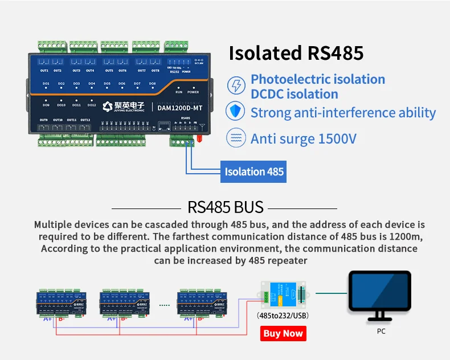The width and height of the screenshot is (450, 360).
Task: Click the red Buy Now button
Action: (283, 333)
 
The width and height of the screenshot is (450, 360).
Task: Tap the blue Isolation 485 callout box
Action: (254, 171)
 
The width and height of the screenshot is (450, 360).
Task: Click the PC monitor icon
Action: (380, 295)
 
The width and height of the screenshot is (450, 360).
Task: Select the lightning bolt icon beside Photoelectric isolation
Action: (235, 86)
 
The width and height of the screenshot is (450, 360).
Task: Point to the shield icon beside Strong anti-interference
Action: (235, 112)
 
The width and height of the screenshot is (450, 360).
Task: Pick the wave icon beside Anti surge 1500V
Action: (235, 138)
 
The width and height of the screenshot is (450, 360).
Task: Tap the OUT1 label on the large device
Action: (43, 71)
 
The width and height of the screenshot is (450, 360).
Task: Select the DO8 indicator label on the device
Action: (153, 84)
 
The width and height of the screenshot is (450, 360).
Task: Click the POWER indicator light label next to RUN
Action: (193, 92)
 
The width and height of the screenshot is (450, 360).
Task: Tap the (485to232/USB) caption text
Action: (283, 316)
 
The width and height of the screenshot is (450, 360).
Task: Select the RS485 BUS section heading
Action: (226, 207)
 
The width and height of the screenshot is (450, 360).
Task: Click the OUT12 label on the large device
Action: (85, 120)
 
